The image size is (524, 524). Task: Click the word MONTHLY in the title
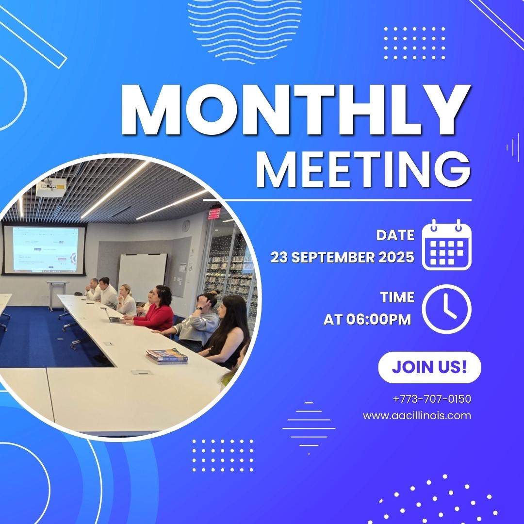(295, 110)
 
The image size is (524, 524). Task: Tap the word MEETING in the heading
(363, 170)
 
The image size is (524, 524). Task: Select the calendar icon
(446, 244)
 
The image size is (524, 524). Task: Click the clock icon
(446, 309)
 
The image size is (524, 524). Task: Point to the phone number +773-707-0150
(432, 399)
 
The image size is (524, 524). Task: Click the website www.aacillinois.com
(417, 416)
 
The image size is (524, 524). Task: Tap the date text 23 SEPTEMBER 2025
(343, 257)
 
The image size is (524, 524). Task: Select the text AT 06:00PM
(367, 319)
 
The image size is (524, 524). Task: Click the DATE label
(395, 235)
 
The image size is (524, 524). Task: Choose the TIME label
(397, 297)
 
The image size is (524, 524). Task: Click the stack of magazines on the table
(167, 356)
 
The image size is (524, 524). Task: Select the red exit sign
(214, 213)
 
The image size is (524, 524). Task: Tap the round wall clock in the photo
(186, 226)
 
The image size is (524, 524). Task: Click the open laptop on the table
(113, 317)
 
